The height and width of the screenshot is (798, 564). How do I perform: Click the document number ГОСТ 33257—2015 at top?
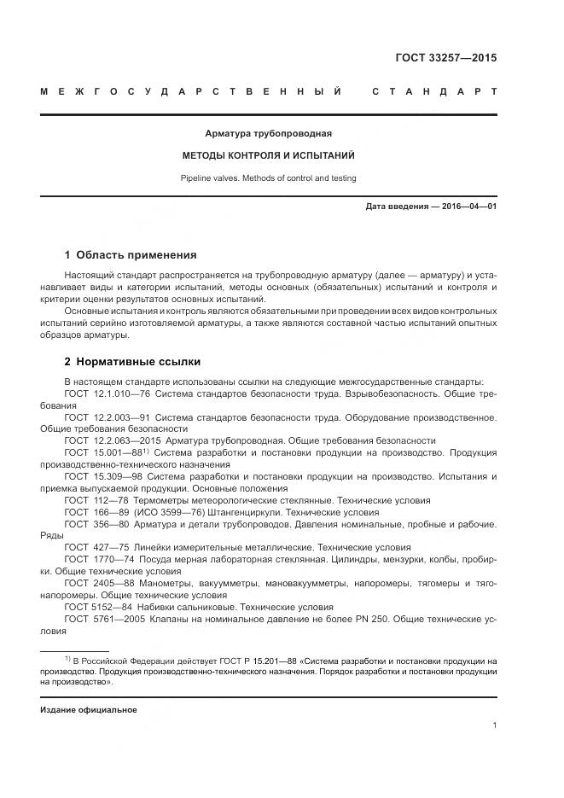pos(445,59)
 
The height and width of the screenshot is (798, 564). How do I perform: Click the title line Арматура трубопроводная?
pos(268,134)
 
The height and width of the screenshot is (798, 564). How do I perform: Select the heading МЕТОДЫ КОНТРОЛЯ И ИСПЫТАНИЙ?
pos(268,156)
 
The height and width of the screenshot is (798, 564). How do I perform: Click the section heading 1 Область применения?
pos(131,254)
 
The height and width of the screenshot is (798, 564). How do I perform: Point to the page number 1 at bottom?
pos(494,725)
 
